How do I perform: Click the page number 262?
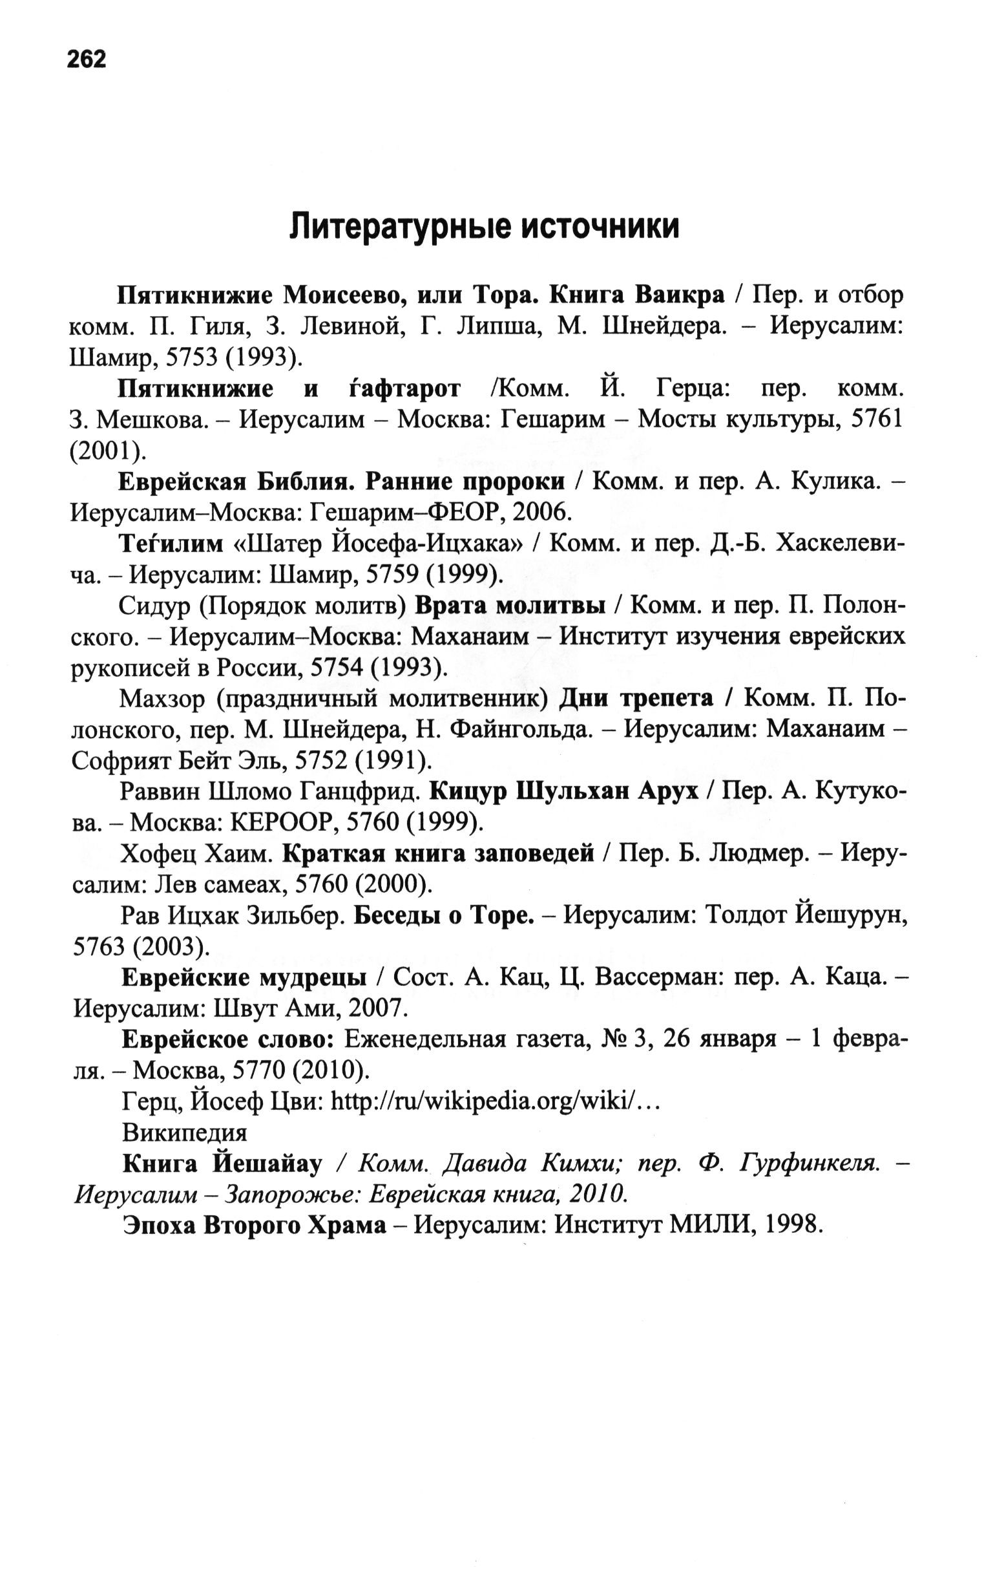85,59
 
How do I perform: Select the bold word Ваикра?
680,295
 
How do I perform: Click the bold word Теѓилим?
171,543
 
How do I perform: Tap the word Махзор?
163,699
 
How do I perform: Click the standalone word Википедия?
184,1133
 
